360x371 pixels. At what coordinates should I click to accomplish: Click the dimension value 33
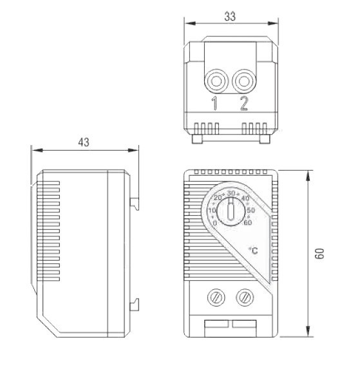tap(230, 16)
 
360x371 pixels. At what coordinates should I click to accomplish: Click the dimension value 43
tap(84, 142)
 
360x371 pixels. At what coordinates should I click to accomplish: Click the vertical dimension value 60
tap(319, 254)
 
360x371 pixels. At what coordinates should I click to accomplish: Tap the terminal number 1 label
tap(214, 104)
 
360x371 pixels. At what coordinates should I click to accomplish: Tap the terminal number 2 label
tap(244, 104)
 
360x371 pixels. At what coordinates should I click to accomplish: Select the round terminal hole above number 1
tap(216, 81)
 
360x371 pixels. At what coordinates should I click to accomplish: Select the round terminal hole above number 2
tap(243, 81)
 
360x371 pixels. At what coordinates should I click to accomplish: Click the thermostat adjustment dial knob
tap(231, 211)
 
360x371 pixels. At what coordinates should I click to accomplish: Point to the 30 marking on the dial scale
tap(231, 193)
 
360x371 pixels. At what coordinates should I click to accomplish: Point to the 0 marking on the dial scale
tap(214, 223)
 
